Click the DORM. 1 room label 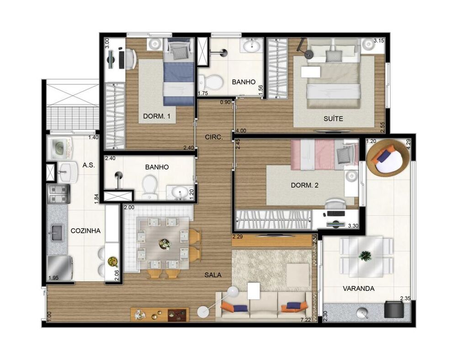point(157,117)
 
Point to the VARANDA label point(359,289)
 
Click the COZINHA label point(85,231)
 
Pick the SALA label point(213,275)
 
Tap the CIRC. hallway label point(213,136)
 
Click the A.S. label point(89,165)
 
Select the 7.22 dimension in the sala point(306,320)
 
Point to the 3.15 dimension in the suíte point(379,41)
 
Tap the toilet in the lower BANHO point(149,188)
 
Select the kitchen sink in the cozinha point(57,232)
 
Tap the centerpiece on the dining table point(165,244)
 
